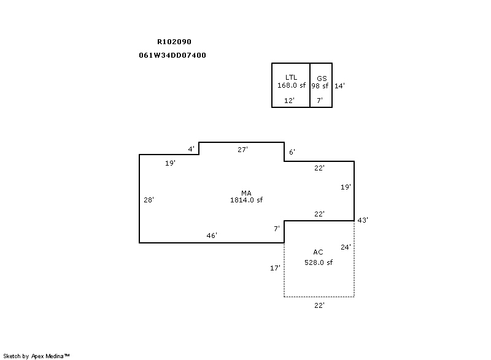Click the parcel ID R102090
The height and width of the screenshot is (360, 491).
pos(174,42)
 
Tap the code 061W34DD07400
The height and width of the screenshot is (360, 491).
pos(172,55)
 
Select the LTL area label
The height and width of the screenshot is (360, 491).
pos(291,77)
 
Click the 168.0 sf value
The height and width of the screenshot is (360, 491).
pos(292,85)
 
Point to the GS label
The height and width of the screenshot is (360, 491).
pos(322,79)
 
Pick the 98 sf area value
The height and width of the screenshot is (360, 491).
pos(320,86)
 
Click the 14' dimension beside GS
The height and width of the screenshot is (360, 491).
pos(340,86)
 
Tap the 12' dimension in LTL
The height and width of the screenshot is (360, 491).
pos(289,101)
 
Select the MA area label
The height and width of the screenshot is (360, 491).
pos(247,193)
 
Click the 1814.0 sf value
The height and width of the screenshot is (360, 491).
pos(247,200)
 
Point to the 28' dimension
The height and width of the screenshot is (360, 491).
pos(149,200)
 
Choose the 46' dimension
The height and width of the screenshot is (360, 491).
pos(212,236)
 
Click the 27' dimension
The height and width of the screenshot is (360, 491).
pos(242,150)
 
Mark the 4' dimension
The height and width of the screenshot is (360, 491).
pos(191,149)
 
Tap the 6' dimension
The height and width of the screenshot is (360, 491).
pos(292,152)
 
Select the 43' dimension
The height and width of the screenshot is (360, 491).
pos(363,220)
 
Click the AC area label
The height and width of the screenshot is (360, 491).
pos(318,252)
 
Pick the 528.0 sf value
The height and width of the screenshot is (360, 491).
pos(319,262)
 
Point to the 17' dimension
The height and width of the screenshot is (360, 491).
pos(275,268)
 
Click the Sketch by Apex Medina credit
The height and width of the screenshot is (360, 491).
pos(37,356)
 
